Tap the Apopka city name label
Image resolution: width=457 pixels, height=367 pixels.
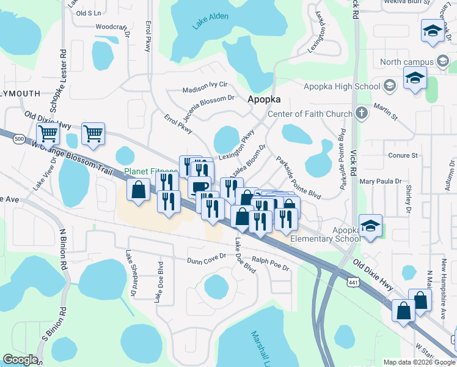click(x=264, y=99)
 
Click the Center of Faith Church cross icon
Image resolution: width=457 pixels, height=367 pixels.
click(x=361, y=113)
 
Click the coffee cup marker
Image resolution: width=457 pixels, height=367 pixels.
click(x=200, y=186)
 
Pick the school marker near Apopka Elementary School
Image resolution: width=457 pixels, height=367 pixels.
click(x=370, y=225)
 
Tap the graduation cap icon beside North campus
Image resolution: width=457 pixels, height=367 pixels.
click(x=442, y=61)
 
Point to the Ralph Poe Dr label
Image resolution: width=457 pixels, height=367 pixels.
click(x=270, y=264)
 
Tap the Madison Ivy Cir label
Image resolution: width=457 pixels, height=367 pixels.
click(x=205, y=87)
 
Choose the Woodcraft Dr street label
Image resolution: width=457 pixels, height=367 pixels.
click(x=113, y=28)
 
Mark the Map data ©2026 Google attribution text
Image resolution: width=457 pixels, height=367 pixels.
click(x=419, y=362)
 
